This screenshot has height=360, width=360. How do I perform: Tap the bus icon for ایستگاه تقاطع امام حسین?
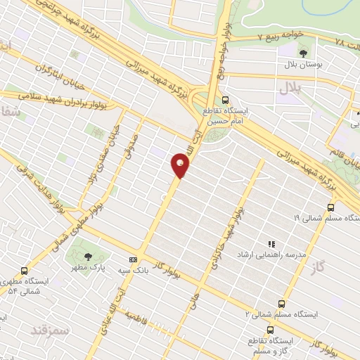click(225, 100)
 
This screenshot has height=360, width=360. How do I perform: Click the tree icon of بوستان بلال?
click(303, 52)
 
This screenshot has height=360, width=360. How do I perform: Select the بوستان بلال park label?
click(302, 65)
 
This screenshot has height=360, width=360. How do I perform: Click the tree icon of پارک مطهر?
click(88, 257)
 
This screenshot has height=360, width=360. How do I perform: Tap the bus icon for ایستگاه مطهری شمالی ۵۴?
click(26, 270)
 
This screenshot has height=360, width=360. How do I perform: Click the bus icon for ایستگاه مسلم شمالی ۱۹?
click(330, 207)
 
